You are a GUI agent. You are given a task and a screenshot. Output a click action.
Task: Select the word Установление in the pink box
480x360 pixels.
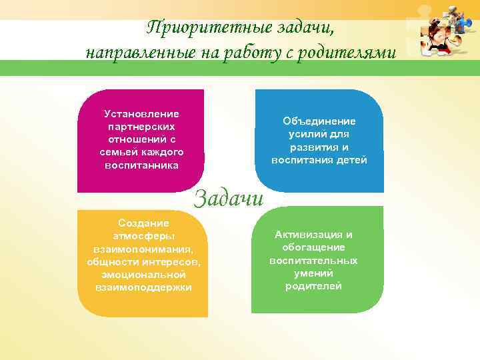[141, 114]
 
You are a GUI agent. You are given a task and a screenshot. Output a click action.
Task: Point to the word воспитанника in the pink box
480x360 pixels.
[141, 165]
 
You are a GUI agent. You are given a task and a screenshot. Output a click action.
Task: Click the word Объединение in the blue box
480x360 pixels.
[319, 121]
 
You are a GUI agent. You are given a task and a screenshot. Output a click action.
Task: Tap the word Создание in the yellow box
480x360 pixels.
[143, 223]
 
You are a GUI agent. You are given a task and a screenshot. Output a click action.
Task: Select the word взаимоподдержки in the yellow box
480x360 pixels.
[143, 287]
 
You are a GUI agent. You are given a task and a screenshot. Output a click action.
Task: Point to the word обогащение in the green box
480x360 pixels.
[313, 247]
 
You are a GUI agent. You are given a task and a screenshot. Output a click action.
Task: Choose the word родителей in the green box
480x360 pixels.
[313, 286]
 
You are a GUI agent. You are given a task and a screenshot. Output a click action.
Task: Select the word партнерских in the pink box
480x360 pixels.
[141, 127]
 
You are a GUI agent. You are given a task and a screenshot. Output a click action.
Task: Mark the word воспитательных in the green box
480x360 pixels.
[313, 261]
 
